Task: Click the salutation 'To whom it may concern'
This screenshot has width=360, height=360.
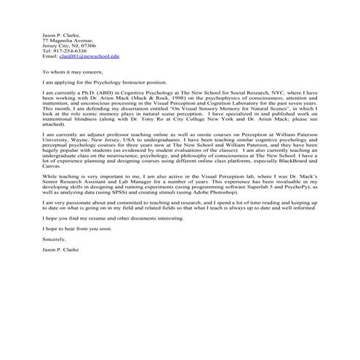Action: [x=71, y=73]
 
